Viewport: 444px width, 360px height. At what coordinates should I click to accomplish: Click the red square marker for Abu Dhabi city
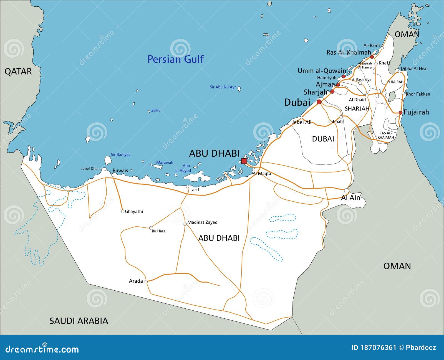[244, 161]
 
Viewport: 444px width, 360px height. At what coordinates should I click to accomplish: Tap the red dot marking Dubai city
[319, 102]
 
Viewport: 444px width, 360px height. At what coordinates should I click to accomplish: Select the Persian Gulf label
[175, 59]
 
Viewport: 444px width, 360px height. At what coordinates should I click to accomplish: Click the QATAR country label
[18, 72]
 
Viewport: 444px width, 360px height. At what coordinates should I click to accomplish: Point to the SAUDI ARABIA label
[79, 321]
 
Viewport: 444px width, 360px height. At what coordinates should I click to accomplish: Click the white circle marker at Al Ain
[346, 191]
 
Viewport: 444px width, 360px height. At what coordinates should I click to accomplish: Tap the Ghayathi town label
[134, 212]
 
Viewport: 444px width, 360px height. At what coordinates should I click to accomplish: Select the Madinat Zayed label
[202, 222]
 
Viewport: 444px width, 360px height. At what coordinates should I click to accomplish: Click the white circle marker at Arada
[146, 281]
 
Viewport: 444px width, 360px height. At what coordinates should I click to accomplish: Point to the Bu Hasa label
[158, 231]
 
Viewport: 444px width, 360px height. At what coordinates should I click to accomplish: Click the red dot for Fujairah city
[400, 113]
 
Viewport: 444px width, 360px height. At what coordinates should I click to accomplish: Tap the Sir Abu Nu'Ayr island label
[223, 87]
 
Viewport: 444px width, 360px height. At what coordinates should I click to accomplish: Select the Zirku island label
[156, 110]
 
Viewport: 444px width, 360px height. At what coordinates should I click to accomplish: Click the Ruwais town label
[120, 171]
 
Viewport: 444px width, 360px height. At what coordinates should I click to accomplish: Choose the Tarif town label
[194, 190]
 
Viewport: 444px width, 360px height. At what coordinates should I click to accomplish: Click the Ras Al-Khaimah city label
[349, 52]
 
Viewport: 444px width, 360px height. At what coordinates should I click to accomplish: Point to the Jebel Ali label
[302, 122]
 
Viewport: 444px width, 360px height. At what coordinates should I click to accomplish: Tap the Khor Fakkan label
[418, 94]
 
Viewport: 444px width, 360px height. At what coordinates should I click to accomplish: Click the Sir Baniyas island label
[120, 154]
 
